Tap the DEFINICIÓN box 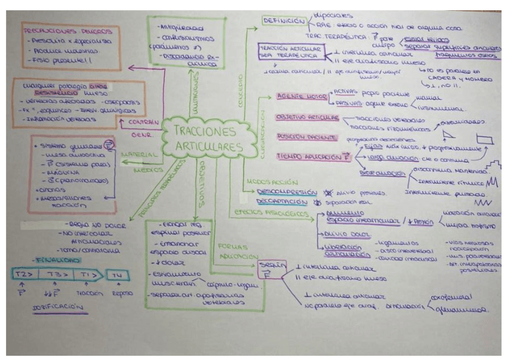(284, 22)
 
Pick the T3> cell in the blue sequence (57, 274)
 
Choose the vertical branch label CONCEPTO (238, 86)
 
